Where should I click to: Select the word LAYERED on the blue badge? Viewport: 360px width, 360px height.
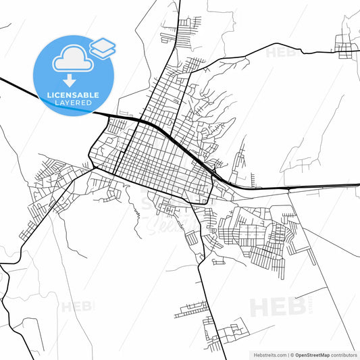coord(74,103)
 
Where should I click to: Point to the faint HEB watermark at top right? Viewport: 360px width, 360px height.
coord(280,51)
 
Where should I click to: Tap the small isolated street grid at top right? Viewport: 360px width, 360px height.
coord(346,46)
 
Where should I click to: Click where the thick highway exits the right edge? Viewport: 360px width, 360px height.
coord(358,187)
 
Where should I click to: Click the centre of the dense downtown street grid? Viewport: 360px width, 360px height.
coord(159,157)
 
